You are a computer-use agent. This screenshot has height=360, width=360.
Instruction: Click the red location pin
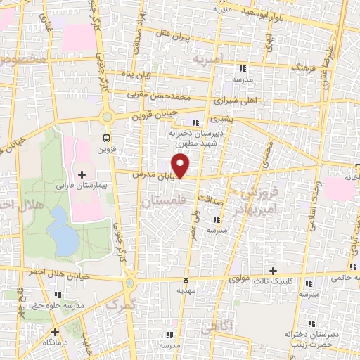[x=182, y=165]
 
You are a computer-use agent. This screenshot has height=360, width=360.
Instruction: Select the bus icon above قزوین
[x=106, y=138]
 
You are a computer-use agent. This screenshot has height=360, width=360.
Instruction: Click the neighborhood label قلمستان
[x=158, y=202]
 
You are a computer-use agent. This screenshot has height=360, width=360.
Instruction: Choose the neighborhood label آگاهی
[x=214, y=326]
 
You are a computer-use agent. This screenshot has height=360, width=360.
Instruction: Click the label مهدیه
[x=185, y=290]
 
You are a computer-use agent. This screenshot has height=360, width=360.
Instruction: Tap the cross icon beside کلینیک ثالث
[x=274, y=271]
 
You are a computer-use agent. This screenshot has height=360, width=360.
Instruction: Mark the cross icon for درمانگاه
[x=55, y=331]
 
